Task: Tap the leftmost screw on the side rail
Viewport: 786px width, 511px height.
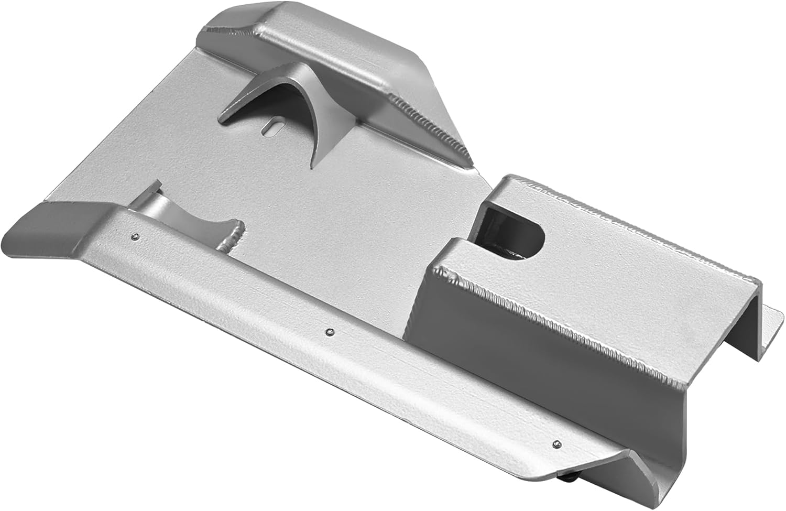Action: (136, 237)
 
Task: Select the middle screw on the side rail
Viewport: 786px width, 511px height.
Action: (329, 332)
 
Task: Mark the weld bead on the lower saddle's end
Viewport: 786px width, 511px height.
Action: (233, 236)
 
